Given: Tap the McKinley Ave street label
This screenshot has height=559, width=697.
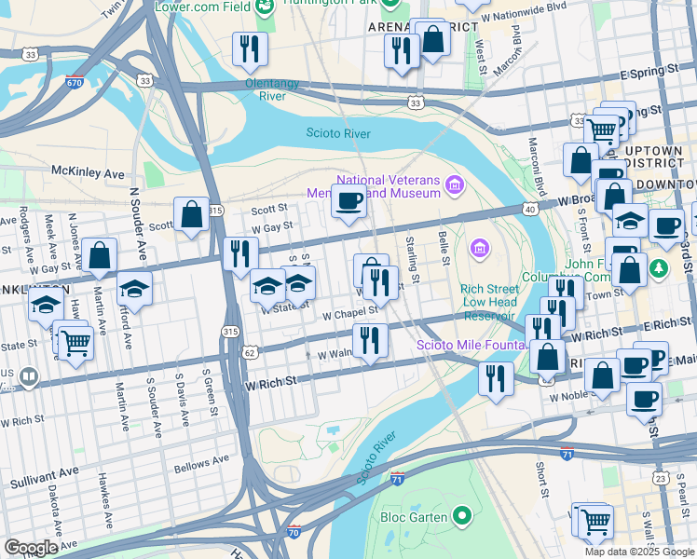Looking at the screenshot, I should coord(88,173).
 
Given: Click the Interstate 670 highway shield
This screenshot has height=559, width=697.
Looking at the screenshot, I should coord(75,81).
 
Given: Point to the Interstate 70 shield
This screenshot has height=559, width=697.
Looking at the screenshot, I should coord(294,533).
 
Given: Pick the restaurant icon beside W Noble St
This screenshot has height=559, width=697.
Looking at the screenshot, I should coord(495,378).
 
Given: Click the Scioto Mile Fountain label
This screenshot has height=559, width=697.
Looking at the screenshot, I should coord(461,345).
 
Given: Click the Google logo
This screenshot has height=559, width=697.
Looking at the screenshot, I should coord(31,548).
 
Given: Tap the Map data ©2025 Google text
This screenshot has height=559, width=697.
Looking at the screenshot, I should coord(638,552).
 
